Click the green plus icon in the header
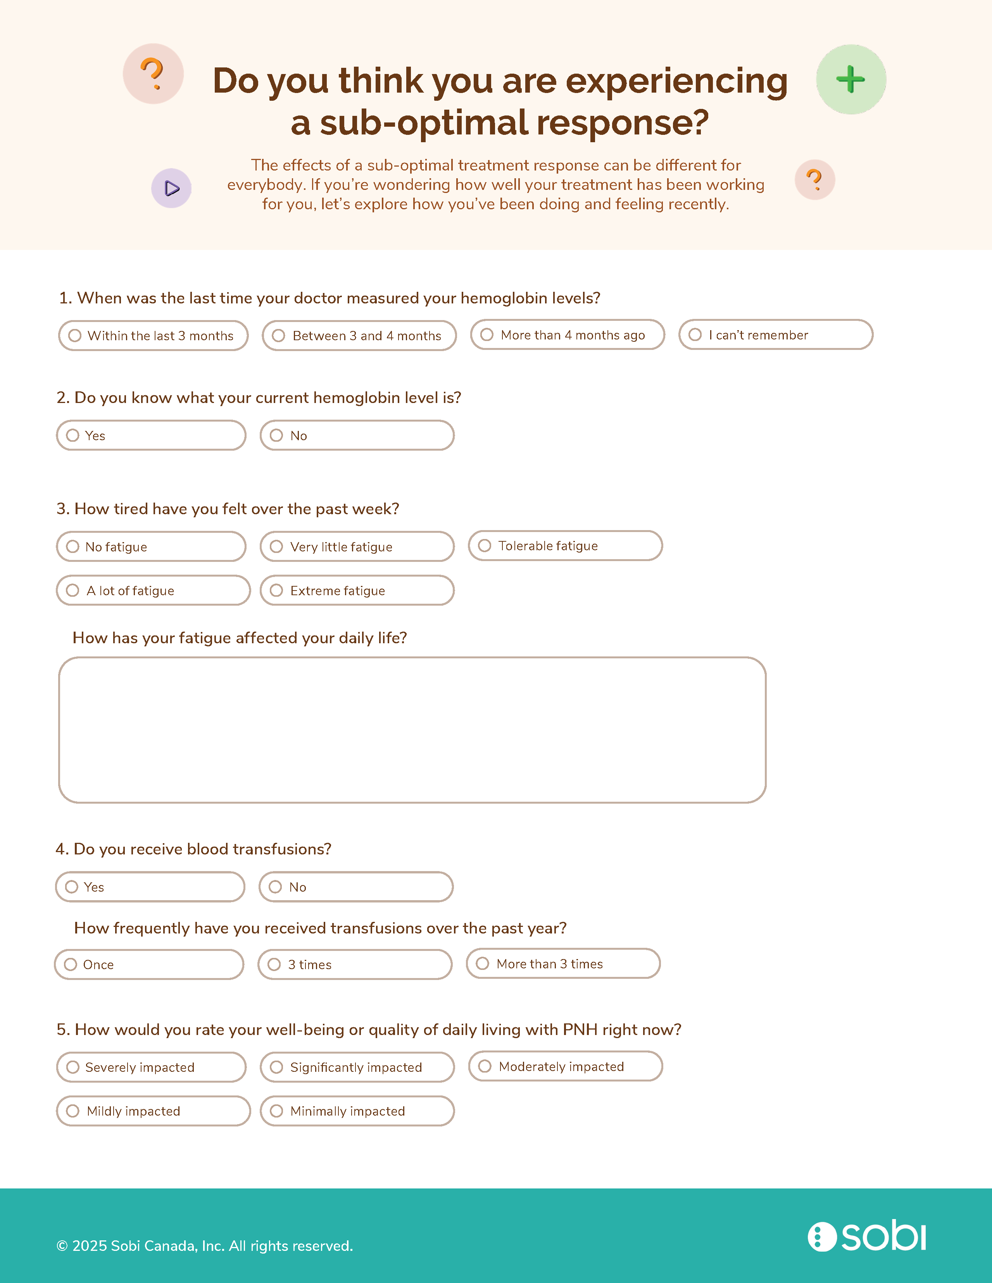[x=851, y=79]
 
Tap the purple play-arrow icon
[x=172, y=188]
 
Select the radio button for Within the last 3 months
[x=75, y=336]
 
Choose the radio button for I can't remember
[x=695, y=334]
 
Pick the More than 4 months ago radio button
[x=487, y=334]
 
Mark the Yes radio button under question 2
[x=73, y=435]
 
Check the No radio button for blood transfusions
[x=275, y=887]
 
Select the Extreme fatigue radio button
[x=276, y=591]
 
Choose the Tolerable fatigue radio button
[x=484, y=546]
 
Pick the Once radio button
[x=71, y=964]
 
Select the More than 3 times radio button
[x=483, y=963]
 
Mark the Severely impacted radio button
[x=73, y=1067]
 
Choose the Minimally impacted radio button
[x=276, y=1111]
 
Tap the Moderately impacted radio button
[x=485, y=1066]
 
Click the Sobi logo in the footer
[x=867, y=1236]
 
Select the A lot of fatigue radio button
[x=73, y=591]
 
